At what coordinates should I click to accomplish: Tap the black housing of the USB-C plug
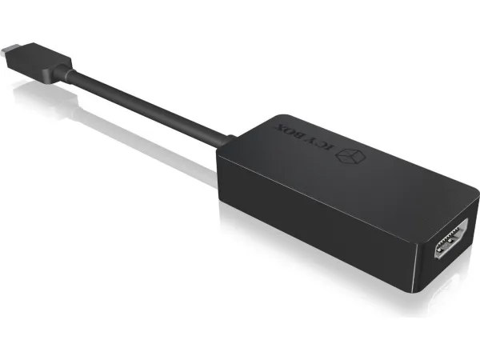(39, 63)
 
